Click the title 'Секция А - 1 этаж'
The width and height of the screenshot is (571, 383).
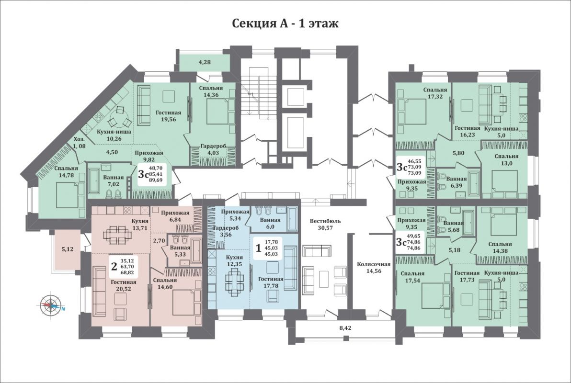click(285, 23)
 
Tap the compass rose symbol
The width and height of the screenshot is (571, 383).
click(51, 305)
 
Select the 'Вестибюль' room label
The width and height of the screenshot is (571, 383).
click(325, 221)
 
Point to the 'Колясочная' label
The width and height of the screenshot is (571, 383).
click(374, 264)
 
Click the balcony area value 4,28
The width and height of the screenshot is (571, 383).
click(205, 62)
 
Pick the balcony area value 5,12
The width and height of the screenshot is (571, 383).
click(68, 249)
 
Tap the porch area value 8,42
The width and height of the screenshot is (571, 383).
click(345, 327)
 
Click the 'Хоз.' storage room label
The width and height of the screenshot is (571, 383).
click(80, 139)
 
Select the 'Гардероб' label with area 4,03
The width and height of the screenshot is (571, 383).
click(213, 146)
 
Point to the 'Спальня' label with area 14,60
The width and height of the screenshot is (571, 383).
click(165, 281)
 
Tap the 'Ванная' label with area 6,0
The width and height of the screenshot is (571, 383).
click(270, 220)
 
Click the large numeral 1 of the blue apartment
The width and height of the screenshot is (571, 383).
click(259, 248)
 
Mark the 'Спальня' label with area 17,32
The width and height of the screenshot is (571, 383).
click(435, 90)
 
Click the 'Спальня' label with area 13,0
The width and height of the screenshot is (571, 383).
click(506, 156)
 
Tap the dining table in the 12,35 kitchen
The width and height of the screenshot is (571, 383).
click(233, 282)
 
